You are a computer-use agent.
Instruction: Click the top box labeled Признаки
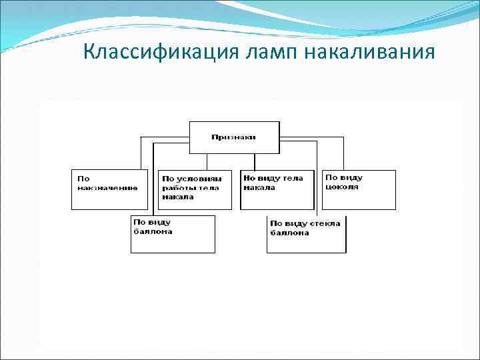pos(234,138)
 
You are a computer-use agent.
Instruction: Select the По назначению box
pos(109,190)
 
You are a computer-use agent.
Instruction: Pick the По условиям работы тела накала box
pos(195,190)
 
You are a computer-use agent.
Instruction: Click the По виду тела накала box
pos(277,190)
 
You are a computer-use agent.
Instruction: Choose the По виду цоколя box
pos(359,190)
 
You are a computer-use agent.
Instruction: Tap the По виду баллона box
pos(173,234)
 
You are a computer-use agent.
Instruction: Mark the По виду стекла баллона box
pos(306,234)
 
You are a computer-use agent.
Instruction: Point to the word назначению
pos(107,188)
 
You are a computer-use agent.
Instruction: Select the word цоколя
pos(342,187)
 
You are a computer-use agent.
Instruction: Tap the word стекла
pos(325,223)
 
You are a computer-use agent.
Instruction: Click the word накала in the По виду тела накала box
pos(259,188)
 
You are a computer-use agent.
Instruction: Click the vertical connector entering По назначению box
pos(141,153)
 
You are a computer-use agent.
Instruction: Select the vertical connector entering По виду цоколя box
pos(343,153)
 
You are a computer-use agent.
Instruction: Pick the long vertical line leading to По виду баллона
pos(154,180)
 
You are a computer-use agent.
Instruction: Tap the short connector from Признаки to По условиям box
pos(207,162)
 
